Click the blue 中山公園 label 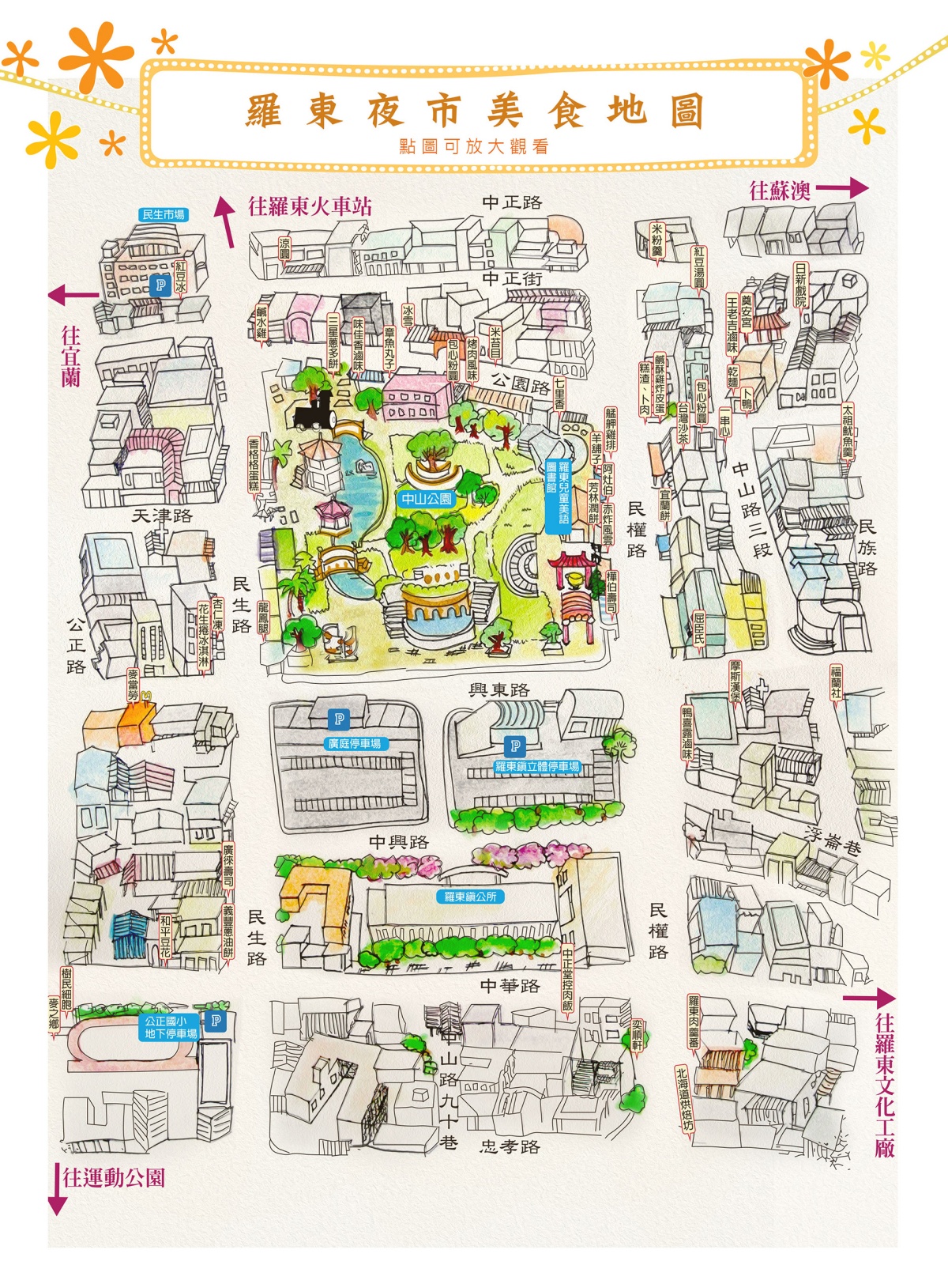click(427, 499)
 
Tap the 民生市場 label click(164, 214)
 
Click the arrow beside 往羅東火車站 click(226, 221)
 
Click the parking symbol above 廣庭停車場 click(339, 719)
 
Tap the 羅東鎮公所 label click(470, 897)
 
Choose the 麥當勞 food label click(133, 685)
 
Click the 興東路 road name click(498, 690)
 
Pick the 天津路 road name click(161, 516)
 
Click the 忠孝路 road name click(510, 1146)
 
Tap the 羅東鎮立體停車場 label click(537, 766)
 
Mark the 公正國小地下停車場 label click(171, 1028)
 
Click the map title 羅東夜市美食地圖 click(474, 111)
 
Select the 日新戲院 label click(801, 285)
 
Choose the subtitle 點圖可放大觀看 click(474, 146)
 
